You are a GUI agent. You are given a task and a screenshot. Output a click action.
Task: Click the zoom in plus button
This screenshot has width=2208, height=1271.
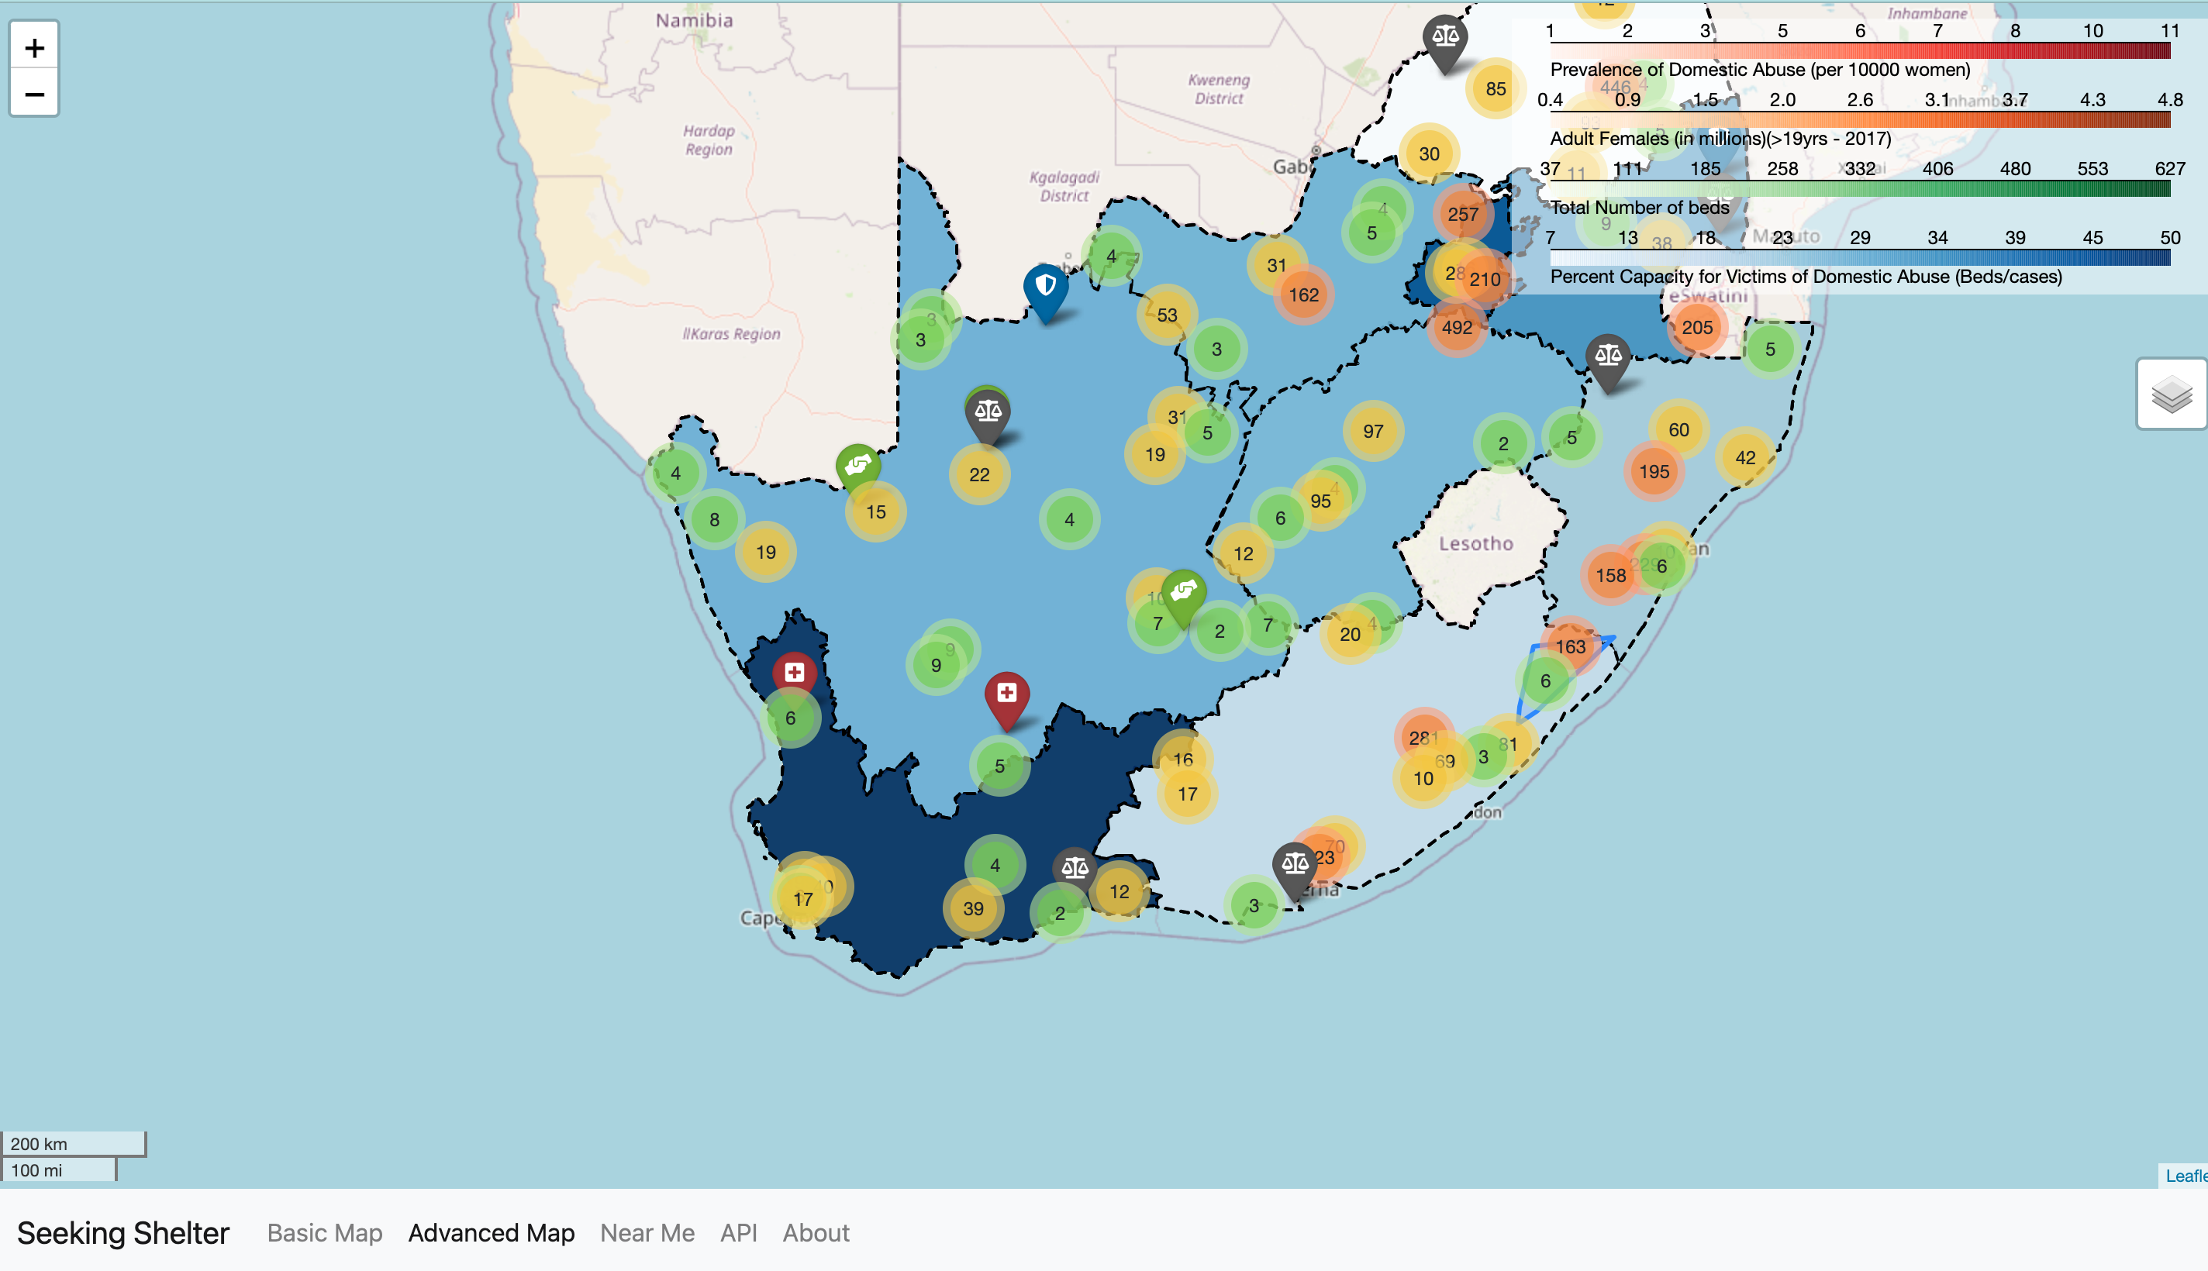click(x=34, y=47)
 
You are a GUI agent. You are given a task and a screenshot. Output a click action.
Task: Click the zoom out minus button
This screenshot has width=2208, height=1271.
click(x=34, y=94)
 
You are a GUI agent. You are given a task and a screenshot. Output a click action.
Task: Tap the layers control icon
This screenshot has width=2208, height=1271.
click(x=2172, y=394)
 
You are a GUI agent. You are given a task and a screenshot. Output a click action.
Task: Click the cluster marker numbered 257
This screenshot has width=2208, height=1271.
click(x=1462, y=214)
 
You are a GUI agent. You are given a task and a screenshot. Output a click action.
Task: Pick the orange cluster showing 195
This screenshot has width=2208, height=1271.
click(x=1654, y=472)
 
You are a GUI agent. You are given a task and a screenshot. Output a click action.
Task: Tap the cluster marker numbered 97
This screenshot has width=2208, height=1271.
click(x=1372, y=431)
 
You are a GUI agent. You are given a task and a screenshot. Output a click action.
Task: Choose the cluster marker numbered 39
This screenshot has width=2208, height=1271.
click(x=973, y=909)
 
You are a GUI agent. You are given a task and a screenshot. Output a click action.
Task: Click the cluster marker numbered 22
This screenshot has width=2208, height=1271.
click(x=978, y=475)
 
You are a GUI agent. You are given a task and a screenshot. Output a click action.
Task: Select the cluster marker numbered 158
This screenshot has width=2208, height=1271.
click(x=1610, y=576)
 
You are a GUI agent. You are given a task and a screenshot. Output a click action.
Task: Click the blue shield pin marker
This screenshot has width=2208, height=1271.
click(x=1045, y=289)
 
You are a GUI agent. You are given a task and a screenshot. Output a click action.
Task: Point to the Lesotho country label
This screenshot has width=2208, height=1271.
click(x=1475, y=544)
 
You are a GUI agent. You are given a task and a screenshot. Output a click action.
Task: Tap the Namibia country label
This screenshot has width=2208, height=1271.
click(x=694, y=20)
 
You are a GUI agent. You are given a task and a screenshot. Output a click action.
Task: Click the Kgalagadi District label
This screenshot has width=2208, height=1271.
click(x=1064, y=186)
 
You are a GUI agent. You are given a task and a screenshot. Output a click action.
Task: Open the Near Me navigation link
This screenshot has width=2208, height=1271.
click(x=647, y=1232)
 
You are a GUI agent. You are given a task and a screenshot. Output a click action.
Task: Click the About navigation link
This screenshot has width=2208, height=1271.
click(x=816, y=1232)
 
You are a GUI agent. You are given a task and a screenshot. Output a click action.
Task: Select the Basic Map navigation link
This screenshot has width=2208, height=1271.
click(x=325, y=1232)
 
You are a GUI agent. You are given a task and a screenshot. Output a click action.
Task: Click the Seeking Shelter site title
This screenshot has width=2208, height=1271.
click(x=123, y=1232)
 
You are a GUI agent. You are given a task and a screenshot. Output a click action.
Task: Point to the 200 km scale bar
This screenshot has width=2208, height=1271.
click(x=74, y=1144)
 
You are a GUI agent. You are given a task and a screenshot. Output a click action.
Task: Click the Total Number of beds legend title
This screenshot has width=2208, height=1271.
click(x=1639, y=208)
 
